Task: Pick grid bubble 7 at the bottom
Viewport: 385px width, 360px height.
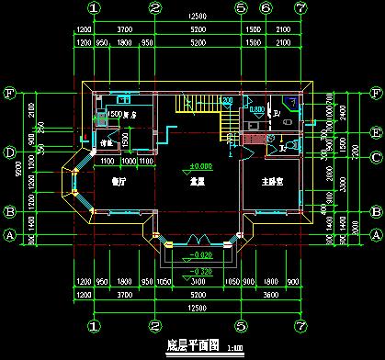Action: click(300, 326)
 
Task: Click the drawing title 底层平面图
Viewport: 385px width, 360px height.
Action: click(191, 345)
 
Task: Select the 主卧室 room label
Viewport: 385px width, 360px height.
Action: click(273, 182)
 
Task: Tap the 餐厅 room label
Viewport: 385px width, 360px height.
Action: click(117, 182)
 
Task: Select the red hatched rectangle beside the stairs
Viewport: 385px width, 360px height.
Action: click(249, 139)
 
